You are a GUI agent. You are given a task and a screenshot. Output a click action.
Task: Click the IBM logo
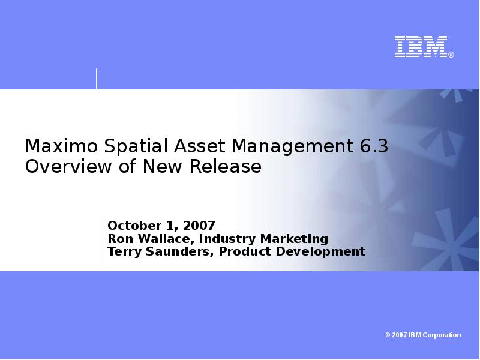click(421, 47)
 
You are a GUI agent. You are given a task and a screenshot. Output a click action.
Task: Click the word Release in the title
click(226, 166)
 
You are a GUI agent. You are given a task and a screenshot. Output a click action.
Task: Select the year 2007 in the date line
click(199, 226)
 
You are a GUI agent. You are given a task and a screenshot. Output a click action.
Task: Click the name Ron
click(118, 239)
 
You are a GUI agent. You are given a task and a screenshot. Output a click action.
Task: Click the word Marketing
click(293, 239)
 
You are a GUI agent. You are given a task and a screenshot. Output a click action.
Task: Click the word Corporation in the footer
click(443, 335)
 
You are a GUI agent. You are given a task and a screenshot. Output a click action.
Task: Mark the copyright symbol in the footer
click(388, 335)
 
